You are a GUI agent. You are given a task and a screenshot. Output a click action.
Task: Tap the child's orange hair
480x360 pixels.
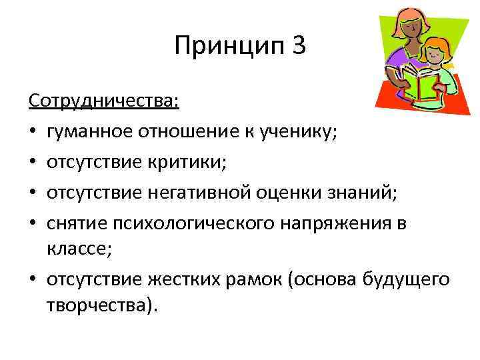(437, 47)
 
